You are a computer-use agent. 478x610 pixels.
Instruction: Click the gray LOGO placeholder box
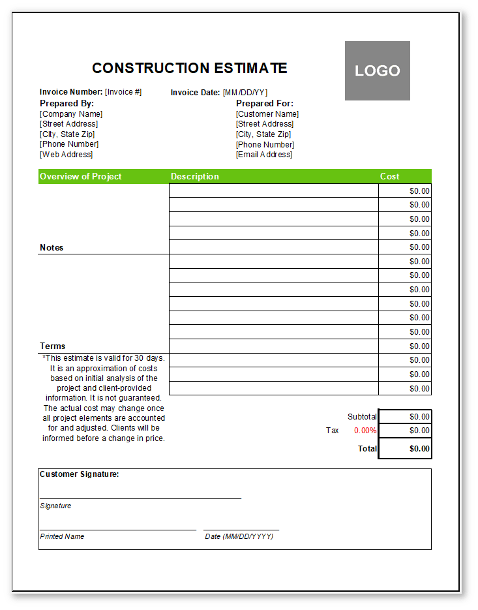tap(378, 71)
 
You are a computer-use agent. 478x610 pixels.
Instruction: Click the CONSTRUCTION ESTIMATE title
tap(189, 69)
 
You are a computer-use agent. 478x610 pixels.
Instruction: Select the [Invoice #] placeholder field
tap(123, 92)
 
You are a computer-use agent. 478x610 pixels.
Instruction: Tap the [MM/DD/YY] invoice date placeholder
tap(245, 93)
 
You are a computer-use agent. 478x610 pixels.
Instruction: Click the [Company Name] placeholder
tap(71, 114)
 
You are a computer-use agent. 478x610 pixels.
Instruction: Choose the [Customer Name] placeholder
tap(267, 114)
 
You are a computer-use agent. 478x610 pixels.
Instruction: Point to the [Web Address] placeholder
tap(67, 155)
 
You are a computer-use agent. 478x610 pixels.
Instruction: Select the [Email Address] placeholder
tap(264, 155)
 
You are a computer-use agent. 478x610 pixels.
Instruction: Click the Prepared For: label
tap(265, 103)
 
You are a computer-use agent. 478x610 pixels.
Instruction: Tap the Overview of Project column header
tap(81, 176)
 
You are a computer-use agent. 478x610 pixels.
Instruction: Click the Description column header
tap(195, 176)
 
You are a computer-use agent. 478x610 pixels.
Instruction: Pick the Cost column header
tap(390, 176)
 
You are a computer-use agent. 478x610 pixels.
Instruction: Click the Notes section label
tap(52, 247)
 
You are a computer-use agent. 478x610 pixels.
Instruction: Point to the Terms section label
tap(53, 346)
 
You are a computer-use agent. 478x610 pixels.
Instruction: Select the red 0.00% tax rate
tap(365, 431)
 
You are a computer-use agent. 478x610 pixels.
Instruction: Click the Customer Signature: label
tap(80, 474)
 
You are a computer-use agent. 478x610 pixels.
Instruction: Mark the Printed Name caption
tap(62, 536)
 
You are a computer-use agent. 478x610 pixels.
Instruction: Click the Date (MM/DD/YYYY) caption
tap(239, 536)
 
